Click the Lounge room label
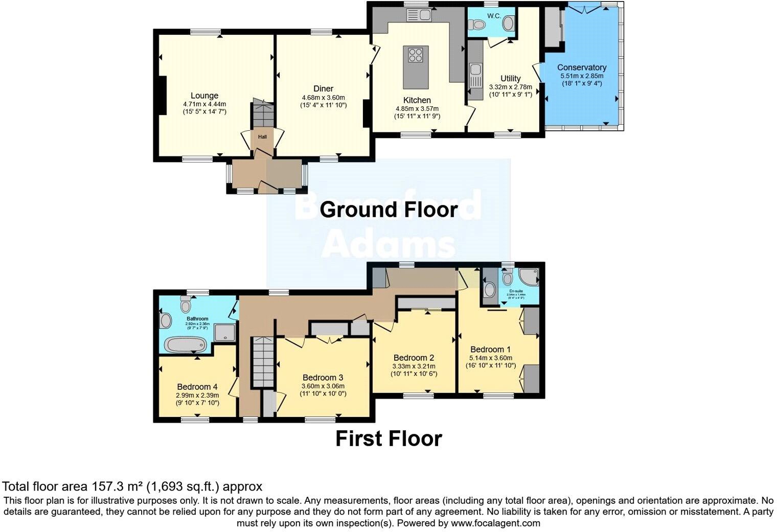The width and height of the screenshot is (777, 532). (x=204, y=96)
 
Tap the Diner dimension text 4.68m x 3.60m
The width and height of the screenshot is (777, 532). (x=323, y=98)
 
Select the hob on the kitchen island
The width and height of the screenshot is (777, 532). (x=416, y=54)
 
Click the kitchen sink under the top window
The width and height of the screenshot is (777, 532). (x=418, y=16)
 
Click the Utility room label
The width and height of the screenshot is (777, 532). (x=510, y=78)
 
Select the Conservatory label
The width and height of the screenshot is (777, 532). (x=581, y=67)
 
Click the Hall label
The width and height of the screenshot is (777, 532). (x=262, y=137)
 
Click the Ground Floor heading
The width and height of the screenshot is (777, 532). (x=388, y=210)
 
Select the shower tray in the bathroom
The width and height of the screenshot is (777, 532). (x=223, y=333)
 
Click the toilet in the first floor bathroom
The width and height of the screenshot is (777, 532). (x=185, y=305)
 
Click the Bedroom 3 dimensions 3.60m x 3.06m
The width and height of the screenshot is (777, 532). (x=323, y=386)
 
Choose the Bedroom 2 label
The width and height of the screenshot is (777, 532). (x=414, y=358)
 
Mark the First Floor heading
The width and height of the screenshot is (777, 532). (x=388, y=439)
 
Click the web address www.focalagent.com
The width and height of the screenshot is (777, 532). (x=495, y=523)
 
